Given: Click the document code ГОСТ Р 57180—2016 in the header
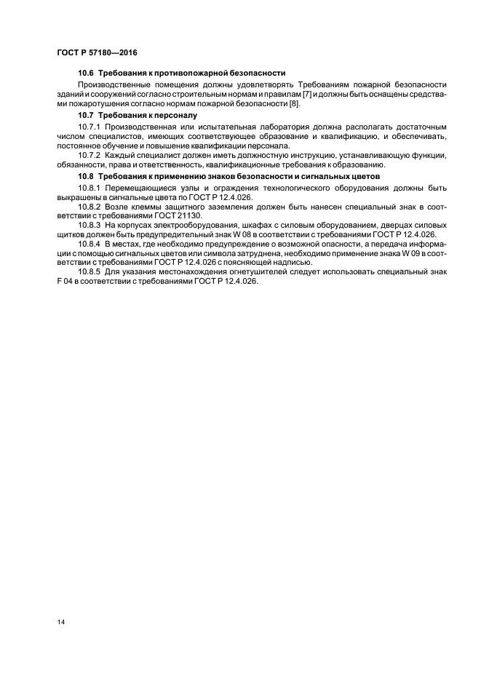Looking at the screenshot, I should (x=96, y=53).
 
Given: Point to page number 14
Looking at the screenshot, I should (x=60, y=621).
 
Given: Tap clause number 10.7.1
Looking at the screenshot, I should (x=90, y=127).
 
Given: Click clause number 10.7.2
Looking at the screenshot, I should (x=90, y=155).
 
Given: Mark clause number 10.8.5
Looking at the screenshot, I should (x=90, y=271).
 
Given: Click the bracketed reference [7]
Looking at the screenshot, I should (x=308, y=95).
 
